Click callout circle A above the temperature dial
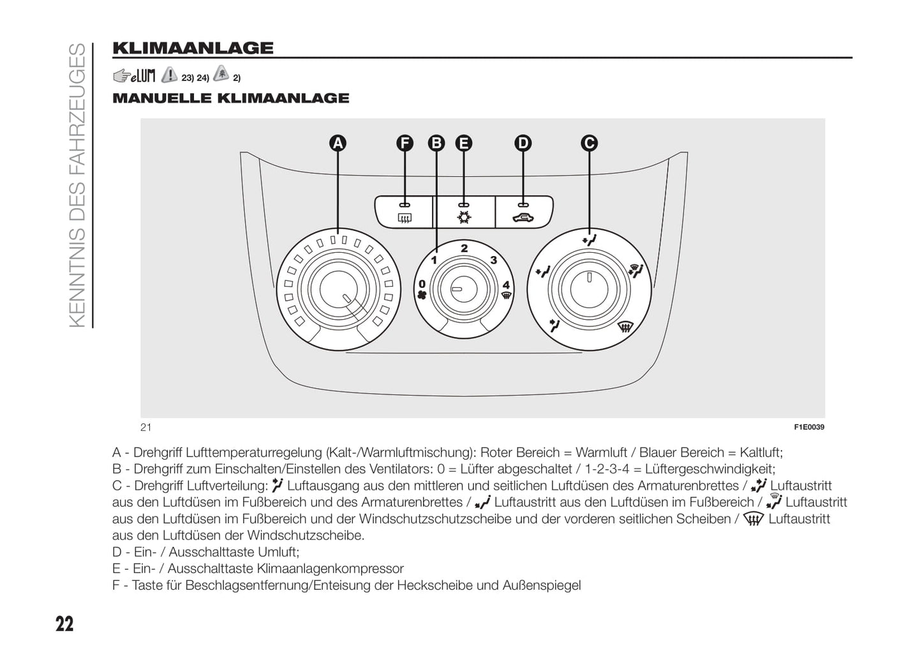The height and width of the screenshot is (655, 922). coord(338,143)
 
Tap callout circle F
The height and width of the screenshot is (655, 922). coord(405,143)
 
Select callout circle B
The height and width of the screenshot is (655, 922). coord(436,143)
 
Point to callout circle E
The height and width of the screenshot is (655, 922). coord(464,143)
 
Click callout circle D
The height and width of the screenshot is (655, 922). coord(523,143)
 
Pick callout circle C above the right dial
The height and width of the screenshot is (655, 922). coord(589,143)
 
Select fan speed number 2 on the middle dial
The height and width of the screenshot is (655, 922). coord(464,248)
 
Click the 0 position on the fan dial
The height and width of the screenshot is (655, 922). coord(422,284)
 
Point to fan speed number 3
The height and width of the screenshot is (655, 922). coord(493,260)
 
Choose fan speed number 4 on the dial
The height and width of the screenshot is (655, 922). coord(506,285)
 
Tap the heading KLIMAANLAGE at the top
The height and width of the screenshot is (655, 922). coord(193,48)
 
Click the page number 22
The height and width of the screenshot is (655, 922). coord(64,624)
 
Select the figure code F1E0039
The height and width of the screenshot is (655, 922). coord(809,427)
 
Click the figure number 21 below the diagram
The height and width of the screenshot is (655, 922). coord(146,427)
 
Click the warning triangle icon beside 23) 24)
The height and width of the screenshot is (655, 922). coord(170,76)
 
